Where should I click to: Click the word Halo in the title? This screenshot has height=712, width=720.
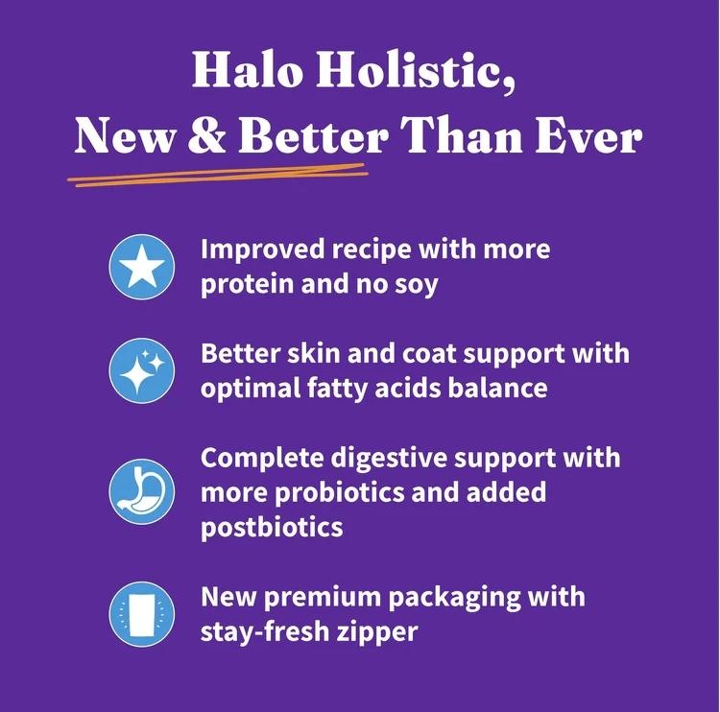click(x=247, y=69)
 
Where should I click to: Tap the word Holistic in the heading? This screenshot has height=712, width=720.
click(x=415, y=70)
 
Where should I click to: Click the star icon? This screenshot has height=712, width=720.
click(x=142, y=267)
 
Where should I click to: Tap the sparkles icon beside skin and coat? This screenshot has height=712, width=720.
click(x=142, y=370)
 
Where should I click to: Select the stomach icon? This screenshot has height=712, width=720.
click(x=142, y=491)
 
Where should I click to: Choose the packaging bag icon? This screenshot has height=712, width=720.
click(x=142, y=614)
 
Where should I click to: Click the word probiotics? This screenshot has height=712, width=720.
click(x=339, y=493)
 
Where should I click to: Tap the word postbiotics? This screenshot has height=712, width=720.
click(x=272, y=528)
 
